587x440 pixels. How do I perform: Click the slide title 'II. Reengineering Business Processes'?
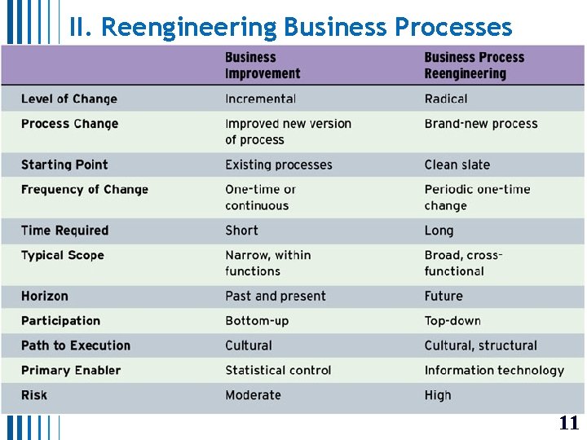click(x=290, y=27)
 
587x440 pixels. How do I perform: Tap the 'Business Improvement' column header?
click(x=263, y=65)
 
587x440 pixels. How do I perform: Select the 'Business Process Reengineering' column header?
click(x=474, y=65)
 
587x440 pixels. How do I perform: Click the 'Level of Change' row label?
click(x=69, y=99)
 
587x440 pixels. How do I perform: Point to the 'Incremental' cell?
click(x=260, y=99)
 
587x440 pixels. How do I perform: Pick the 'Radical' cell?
click(x=446, y=99)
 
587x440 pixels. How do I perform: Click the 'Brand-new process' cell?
click(x=481, y=124)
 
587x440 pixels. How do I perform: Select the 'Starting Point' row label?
click(x=64, y=165)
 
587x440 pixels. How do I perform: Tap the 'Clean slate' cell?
click(x=457, y=165)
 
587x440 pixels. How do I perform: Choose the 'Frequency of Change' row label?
click(x=85, y=190)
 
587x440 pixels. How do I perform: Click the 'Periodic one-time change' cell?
click(x=477, y=197)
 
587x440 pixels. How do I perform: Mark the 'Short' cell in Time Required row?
click(x=241, y=231)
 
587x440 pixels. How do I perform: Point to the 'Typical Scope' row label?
click(x=63, y=255)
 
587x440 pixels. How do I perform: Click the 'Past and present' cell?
click(x=276, y=296)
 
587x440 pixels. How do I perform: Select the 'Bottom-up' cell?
click(x=257, y=321)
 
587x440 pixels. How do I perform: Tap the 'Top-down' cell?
click(x=452, y=321)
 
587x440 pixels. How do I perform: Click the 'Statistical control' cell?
click(x=278, y=370)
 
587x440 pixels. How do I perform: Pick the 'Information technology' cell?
click(x=494, y=370)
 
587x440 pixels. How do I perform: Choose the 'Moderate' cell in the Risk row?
click(x=253, y=395)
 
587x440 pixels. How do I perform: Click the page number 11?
click(x=568, y=423)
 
